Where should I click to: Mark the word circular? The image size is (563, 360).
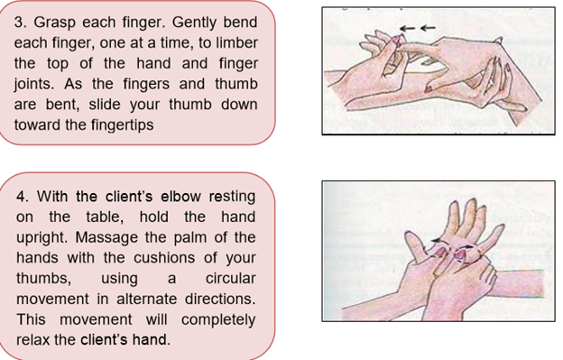click(229, 280)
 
